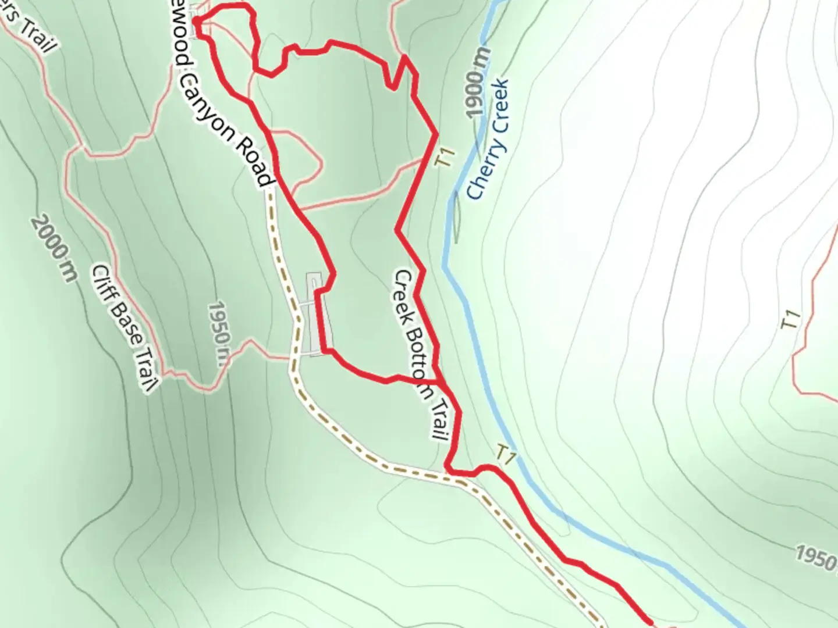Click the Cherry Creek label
click(489, 140)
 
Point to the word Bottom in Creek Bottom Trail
click(420, 355)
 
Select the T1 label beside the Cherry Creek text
click(445, 158)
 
